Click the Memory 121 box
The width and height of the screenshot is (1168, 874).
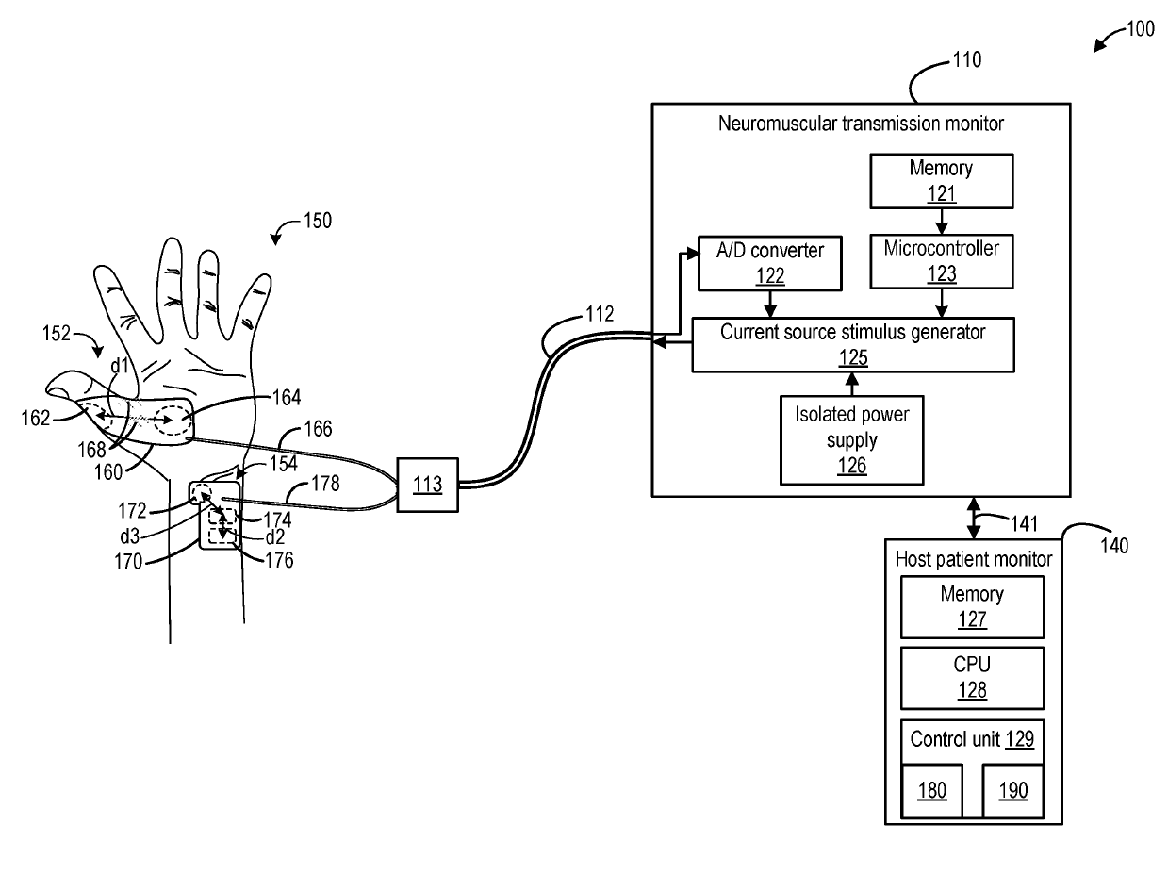tap(941, 181)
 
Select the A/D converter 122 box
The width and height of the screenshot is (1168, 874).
tap(768, 261)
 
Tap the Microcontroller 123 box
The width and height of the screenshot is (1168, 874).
tap(941, 261)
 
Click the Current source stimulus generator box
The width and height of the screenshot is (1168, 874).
tap(852, 344)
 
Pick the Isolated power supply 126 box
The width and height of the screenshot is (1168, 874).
tap(852, 439)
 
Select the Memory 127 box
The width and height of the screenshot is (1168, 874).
tap(972, 606)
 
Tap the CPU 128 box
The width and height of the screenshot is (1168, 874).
tap(972, 677)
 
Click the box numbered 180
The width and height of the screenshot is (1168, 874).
tap(931, 790)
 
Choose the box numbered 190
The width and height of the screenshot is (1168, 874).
tap(1012, 790)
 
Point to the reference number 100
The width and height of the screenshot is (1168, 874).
tap(1139, 29)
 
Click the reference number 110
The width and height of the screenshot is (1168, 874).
tap(966, 60)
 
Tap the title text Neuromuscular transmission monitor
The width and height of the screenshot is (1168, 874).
tap(861, 123)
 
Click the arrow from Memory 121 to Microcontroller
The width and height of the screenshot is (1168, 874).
tap(941, 222)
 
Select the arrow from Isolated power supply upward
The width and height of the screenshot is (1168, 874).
tap(852, 384)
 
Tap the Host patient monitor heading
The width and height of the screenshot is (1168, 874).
tap(973, 559)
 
